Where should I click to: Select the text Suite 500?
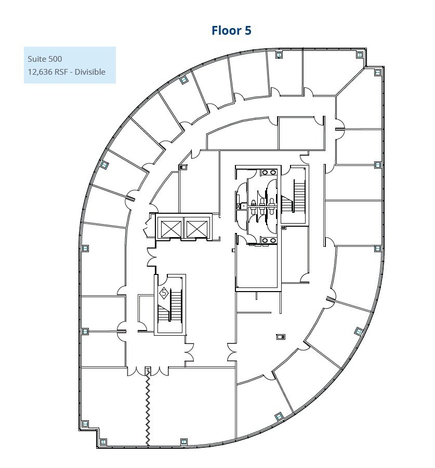[45, 59]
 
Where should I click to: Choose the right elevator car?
[196, 229]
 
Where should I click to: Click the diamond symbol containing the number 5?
[164, 293]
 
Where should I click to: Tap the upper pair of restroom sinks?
[269, 172]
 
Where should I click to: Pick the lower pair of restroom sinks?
[269, 240]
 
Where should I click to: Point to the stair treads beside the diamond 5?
[176, 306]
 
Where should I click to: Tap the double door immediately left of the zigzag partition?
[137, 371]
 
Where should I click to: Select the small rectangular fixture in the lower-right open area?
[281, 337]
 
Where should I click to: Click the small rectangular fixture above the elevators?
[183, 167]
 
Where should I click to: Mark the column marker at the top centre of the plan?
[279, 54]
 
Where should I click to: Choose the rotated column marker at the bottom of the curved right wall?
[279, 416]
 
